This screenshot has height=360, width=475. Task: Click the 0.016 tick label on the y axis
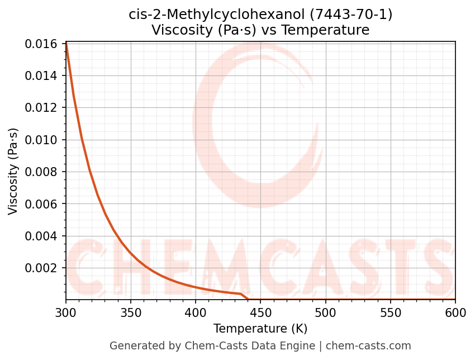42,44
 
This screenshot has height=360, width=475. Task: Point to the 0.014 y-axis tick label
42,75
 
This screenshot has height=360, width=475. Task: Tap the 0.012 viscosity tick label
42,108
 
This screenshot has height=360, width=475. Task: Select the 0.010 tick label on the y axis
42,140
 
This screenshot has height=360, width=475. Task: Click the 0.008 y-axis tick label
42,172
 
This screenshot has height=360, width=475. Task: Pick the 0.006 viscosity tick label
42,204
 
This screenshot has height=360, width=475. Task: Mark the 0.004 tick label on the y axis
42,236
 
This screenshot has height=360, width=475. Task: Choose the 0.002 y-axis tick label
42,268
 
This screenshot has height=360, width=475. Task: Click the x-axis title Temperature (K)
260,329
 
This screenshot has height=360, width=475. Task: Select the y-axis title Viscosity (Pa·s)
13,171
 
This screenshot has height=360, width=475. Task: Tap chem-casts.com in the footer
368,346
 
